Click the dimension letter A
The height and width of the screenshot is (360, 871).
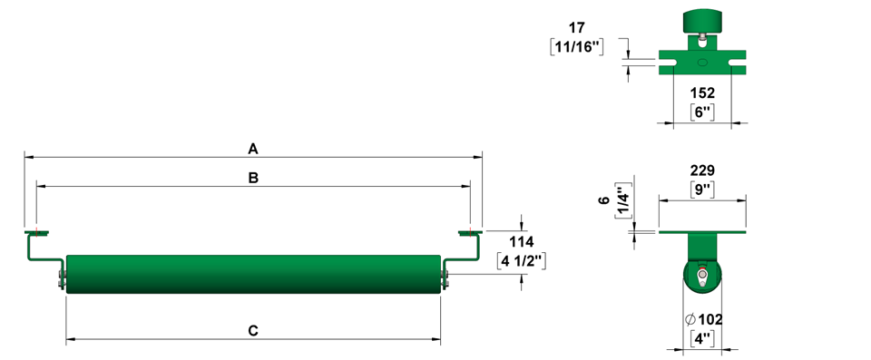253,149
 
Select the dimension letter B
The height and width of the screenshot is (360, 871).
253,179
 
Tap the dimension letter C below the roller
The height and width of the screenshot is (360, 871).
253,331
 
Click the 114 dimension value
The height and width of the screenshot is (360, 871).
522,242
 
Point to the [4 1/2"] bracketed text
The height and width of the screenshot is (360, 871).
522,261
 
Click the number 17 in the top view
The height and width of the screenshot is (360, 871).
577,27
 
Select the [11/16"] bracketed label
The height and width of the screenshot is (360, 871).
577,46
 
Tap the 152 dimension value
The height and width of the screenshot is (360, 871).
702,92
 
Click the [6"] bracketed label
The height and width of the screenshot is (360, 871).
702,112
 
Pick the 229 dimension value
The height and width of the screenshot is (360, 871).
702,170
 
